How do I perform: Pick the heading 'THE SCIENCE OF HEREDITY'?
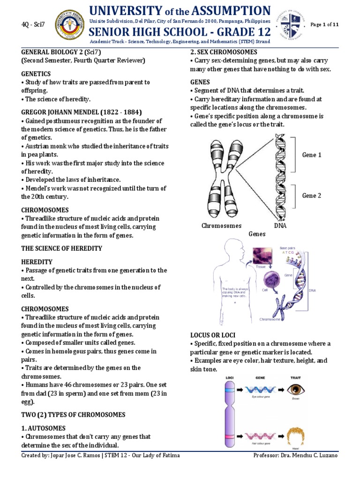pyautogui.click(x=61, y=248)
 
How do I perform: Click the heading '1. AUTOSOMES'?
pyautogui.click(x=44, y=428)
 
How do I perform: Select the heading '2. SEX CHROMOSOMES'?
pyautogui.click(x=224, y=52)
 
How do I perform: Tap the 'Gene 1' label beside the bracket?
pyautogui.click(x=312, y=155)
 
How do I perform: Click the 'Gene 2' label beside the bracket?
pyautogui.click(x=312, y=195)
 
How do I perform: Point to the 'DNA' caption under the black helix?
pyautogui.click(x=280, y=226)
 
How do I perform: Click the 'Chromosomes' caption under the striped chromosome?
pyautogui.click(x=221, y=226)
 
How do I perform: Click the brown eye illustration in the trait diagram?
pyautogui.click(x=295, y=389)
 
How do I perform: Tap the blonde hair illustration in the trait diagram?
pyautogui.click(x=294, y=436)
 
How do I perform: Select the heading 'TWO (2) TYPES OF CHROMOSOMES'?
pyautogui.click(x=73, y=415)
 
